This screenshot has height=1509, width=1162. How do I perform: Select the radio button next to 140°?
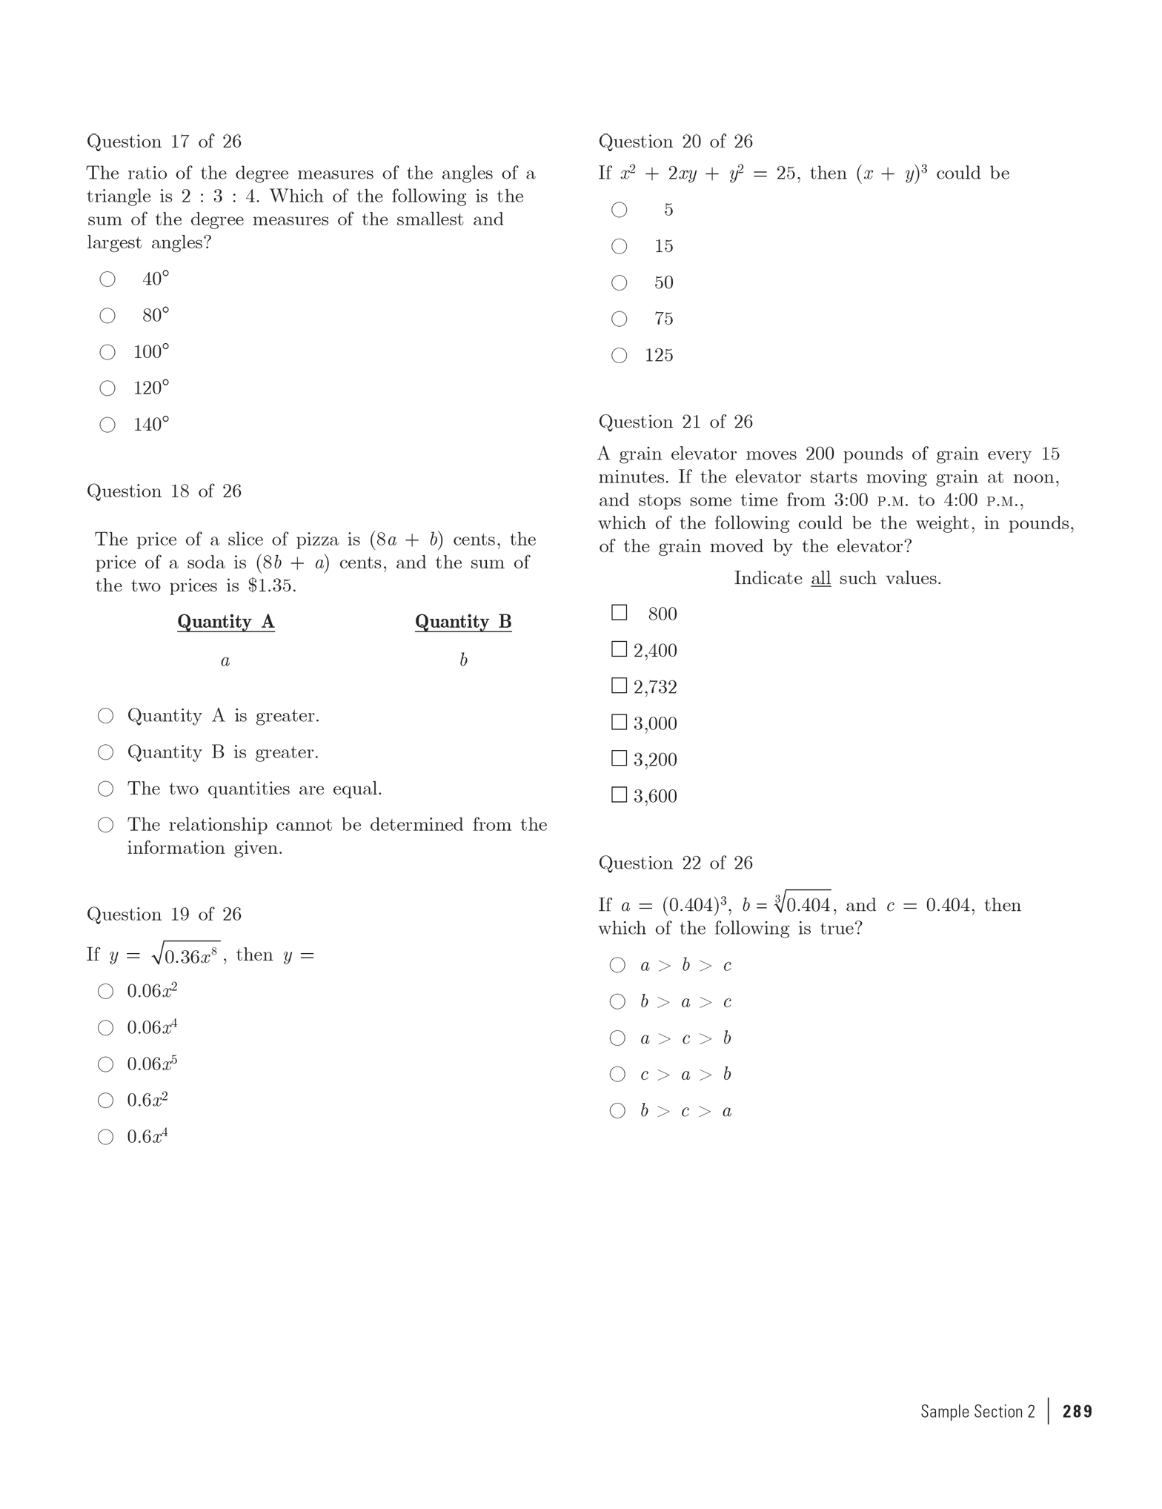pyautogui.click(x=107, y=425)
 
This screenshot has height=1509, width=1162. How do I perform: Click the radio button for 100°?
pyautogui.click(x=107, y=352)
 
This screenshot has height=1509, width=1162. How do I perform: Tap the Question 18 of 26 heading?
pyautogui.click(x=164, y=491)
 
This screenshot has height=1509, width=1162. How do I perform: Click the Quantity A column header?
pyautogui.click(x=226, y=622)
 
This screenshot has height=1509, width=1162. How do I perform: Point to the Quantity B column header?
pyautogui.click(x=463, y=622)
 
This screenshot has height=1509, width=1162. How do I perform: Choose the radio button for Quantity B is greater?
pyautogui.click(x=106, y=753)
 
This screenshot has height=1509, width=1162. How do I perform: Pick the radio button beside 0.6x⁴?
pyautogui.click(x=106, y=1137)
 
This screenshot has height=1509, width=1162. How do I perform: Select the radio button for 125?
pyautogui.click(x=619, y=356)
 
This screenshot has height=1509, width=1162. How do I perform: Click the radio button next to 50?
pyautogui.click(x=619, y=283)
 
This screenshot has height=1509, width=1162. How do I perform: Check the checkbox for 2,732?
pyautogui.click(x=619, y=686)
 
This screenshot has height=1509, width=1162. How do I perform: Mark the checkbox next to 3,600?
pyautogui.click(x=619, y=795)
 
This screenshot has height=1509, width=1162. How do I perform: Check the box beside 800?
pyautogui.click(x=619, y=613)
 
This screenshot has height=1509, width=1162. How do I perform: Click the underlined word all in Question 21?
pyautogui.click(x=820, y=579)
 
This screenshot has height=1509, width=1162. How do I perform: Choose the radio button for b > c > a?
pyautogui.click(x=617, y=1110)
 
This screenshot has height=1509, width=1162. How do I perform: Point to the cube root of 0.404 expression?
pyautogui.click(x=803, y=904)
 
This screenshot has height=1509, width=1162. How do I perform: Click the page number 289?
pyautogui.click(x=1077, y=1411)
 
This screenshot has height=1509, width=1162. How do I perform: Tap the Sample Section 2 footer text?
pyautogui.click(x=977, y=1411)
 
